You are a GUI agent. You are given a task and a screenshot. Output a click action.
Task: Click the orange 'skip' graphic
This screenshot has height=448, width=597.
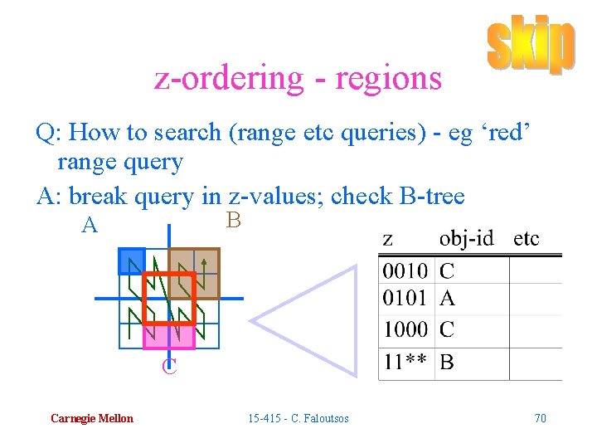pos(530,46)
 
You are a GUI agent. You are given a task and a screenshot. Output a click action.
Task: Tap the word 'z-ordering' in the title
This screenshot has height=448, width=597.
pos(230,78)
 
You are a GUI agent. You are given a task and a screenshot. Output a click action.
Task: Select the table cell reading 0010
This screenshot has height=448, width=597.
pos(405,270)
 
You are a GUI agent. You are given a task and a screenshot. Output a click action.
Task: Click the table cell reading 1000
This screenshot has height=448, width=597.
pos(405,329)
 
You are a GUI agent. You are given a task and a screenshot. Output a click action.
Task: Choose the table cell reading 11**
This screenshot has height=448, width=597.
pos(405,363)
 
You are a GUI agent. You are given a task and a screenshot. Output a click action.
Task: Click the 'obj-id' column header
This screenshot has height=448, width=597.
pos(466,239)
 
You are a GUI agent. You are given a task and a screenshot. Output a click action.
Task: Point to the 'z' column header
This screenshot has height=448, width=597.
pos(388,240)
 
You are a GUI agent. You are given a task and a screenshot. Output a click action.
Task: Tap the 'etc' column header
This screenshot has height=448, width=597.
pos(527,239)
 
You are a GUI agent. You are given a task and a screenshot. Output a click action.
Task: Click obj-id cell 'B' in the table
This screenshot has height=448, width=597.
pos(447,363)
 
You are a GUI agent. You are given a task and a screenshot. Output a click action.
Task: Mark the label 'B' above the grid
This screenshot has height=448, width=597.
pos(233,221)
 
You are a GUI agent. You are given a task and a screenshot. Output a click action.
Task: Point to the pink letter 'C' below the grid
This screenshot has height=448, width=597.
pos(169,366)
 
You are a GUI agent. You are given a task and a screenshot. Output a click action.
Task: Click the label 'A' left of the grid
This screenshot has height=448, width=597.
pos(90,225)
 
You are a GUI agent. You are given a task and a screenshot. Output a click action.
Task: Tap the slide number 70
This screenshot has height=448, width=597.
pos(540,418)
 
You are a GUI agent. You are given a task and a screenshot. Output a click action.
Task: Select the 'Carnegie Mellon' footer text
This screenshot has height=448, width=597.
pos(91,418)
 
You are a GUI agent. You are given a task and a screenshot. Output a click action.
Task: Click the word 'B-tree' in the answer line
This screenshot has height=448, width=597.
pos(432,197)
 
